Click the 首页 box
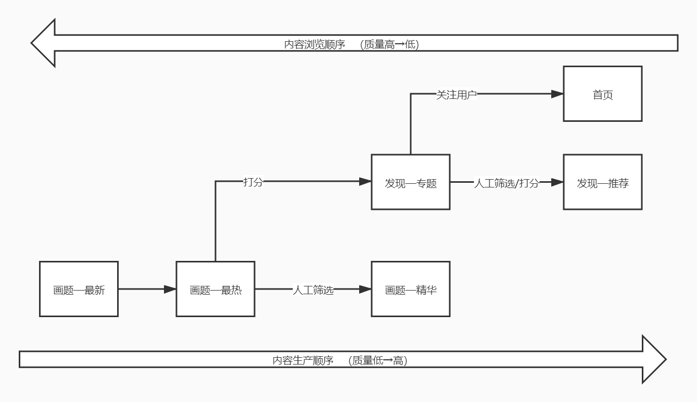pos(602,94)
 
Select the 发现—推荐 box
pos(602,182)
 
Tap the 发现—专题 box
pos(410,182)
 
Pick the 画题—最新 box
pos(79,289)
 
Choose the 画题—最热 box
pos(215,289)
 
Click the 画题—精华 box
pos(410,289)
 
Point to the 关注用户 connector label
pos(456,94)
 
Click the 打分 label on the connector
pos(253,182)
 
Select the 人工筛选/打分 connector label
pos(506,183)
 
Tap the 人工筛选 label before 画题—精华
pos(313,290)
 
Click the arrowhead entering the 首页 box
pos(557,94)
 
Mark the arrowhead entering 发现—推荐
pos(557,182)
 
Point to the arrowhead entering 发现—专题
pos(365,182)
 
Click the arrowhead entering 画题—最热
pos(170,289)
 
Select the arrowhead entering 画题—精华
pos(365,289)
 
